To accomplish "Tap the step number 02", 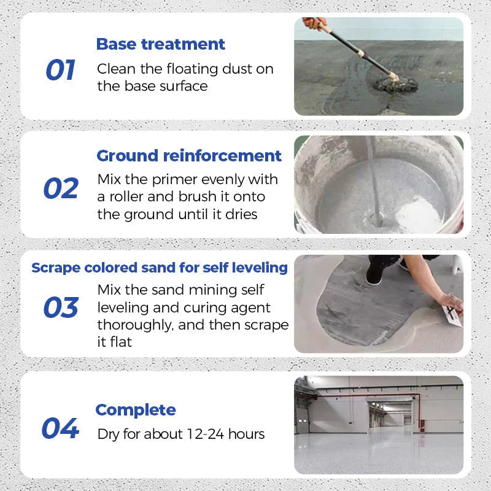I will [x=61, y=188].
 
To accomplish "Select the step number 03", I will [x=61, y=307].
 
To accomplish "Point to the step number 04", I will [x=60, y=428].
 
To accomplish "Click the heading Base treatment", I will [x=161, y=44].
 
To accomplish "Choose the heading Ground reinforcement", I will [x=189, y=155].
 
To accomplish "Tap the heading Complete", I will [x=136, y=409].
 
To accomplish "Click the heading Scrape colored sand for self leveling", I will [x=160, y=268].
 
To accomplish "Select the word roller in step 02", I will [x=128, y=197].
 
